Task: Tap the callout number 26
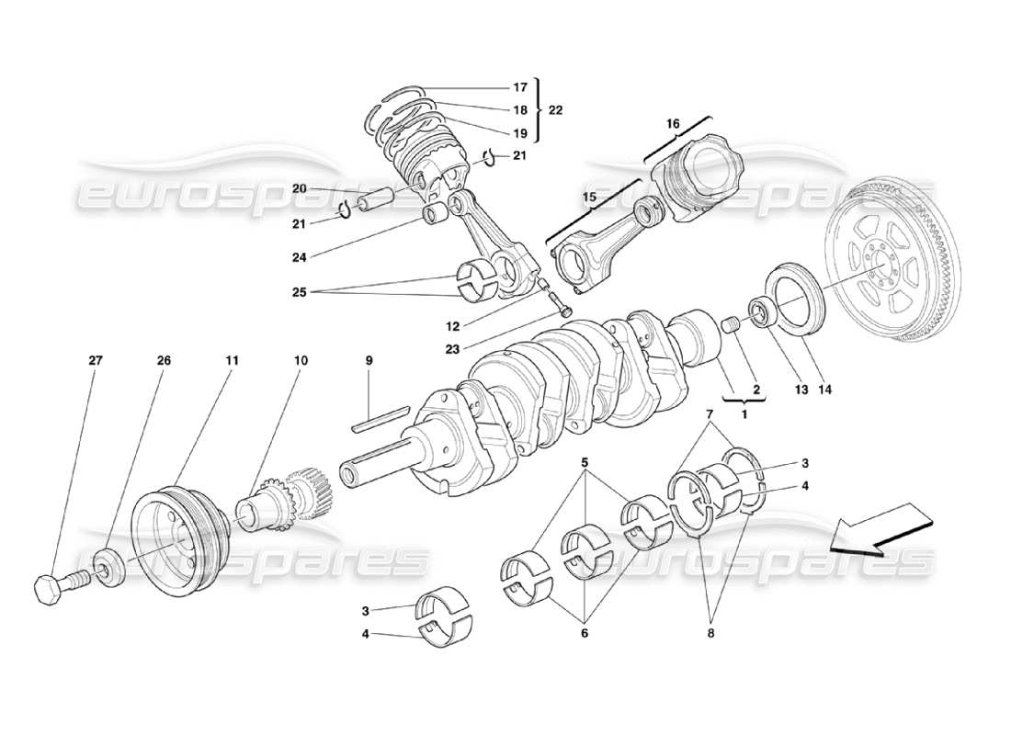164,361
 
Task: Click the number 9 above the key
369,361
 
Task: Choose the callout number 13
801,390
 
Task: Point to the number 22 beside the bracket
556,109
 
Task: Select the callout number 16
673,123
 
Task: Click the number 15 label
588,197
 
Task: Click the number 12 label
452,325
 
